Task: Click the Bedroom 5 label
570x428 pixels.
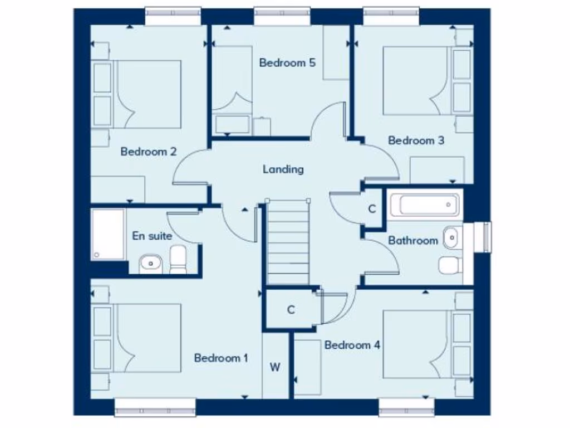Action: click(x=287, y=62)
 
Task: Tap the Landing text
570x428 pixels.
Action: click(x=283, y=169)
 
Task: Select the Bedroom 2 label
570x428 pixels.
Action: click(x=149, y=151)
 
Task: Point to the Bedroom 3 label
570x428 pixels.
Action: click(x=416, y=140)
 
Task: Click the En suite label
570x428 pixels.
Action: click(x=152, y=236)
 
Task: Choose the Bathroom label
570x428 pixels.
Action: click(x=413, y=241)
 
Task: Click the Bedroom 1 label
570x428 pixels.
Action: click(x=221, y=358)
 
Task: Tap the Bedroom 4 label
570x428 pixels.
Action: click(x=352, y=345)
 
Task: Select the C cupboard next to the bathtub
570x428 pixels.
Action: click(x=372, y=209)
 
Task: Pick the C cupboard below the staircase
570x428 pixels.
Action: click(x=291, y=310)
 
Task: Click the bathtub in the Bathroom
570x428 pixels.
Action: click(x=424, y=205)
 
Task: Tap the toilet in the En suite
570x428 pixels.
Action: click(x=178, y=260)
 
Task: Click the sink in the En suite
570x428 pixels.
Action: click(x=150, y=262)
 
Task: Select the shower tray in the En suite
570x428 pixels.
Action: click(x=108, y=234)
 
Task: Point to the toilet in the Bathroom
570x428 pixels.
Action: click(x=450, y=265)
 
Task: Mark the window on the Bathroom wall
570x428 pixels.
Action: click(x=481, y=237)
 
